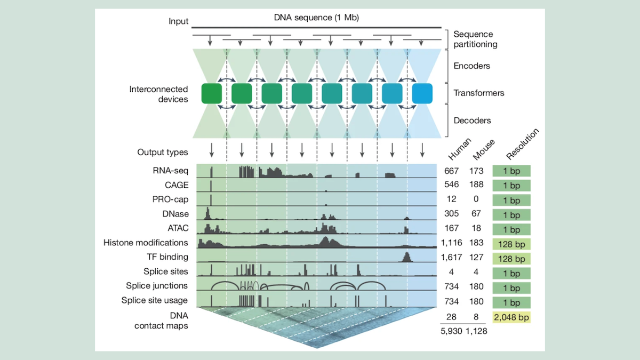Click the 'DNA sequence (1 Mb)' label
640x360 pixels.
tap(316, 18)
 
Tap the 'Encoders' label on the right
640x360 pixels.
tap(471, 66)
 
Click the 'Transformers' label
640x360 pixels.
tap(478, 93)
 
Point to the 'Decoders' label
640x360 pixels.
tap(471, 121)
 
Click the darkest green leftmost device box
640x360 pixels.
tap(211, 93)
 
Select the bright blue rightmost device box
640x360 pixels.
tap(422, 93)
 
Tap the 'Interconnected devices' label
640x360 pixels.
tap(158, 94)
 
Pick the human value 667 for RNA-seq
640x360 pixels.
tap(451, 171)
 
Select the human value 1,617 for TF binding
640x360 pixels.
tap(451, 257)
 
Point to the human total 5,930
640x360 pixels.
tap(451, 331)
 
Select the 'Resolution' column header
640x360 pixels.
tap(521, 145)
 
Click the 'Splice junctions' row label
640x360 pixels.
tap(157, 286)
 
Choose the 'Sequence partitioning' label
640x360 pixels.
tap(475, 39)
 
